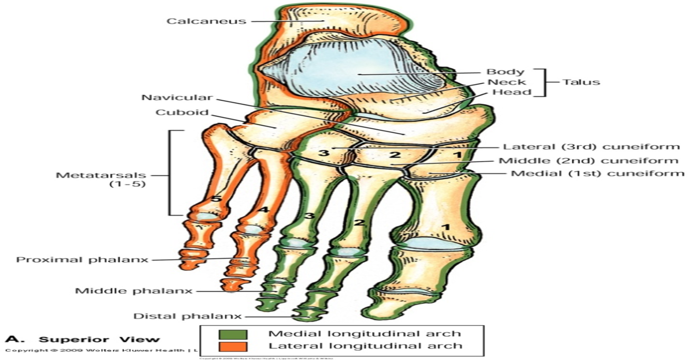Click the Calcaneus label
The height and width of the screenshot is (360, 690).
206,21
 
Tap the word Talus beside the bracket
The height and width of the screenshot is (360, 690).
582,82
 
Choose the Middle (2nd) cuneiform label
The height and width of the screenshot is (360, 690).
589,161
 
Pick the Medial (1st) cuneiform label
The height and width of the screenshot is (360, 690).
597,173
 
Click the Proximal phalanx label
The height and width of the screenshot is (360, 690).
82,259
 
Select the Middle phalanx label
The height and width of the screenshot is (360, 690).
134,291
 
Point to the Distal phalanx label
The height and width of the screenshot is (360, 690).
187,316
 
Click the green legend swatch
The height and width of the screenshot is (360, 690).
233,334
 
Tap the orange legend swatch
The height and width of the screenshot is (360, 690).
233,346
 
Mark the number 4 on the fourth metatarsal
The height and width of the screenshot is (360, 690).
263,210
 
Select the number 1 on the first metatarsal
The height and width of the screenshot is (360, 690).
445,227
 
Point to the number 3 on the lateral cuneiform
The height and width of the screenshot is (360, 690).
323,154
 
